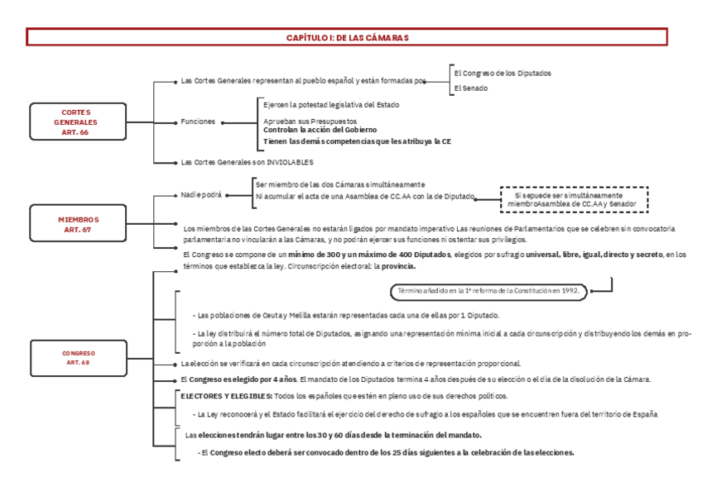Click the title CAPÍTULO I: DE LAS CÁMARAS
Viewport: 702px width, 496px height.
click(x=347, y=37)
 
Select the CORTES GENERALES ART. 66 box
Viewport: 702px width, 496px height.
click(x=75, y=122)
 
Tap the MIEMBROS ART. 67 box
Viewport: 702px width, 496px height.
click(x=78, y=224)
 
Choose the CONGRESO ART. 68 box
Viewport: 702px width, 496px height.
click(x=78, y=358)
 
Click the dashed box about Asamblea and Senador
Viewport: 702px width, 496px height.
click(x=574, y=199)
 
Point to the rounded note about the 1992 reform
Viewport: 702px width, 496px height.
click(x=488, y=291)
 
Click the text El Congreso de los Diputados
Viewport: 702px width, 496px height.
click(x=502, y=73)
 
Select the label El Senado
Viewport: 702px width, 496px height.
click(x=470, y=88)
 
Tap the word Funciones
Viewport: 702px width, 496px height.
click(x=198, y=122)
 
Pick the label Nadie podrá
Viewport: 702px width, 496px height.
click(x=201, y=195)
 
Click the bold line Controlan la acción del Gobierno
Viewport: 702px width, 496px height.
click(x=320, y=131)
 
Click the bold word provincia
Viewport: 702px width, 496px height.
click(x=398, y=266)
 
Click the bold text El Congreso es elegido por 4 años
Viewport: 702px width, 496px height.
click(x=238, y=379)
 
